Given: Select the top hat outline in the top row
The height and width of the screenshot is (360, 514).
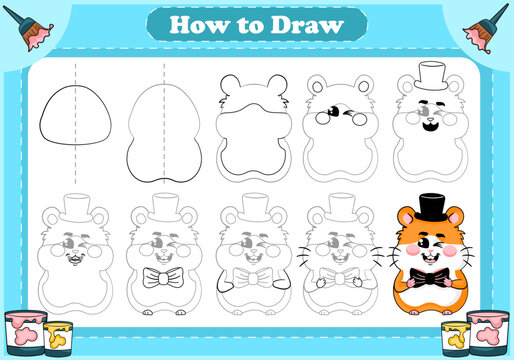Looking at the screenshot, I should [x=431, y=77].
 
